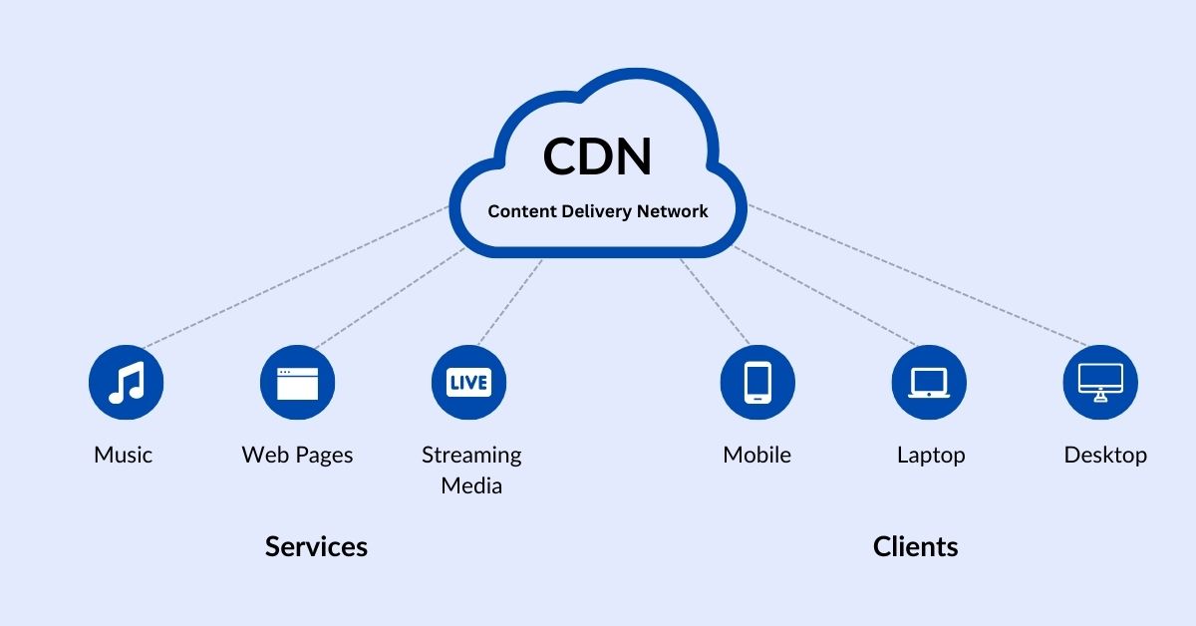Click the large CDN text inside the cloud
point(597,157)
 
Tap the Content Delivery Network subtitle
point(597,211)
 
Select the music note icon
point(126,383)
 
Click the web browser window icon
point(297,383)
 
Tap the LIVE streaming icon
point(468,383)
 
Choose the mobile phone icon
point(757,383)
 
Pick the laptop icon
point(929,383)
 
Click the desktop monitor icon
point(1100,383)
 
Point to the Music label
point(124,456)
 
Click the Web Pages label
point(297,456)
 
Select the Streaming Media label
point(471,469)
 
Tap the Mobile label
point(757,456)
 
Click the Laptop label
point(931,456)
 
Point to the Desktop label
point(1105,456)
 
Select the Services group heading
point(316,546)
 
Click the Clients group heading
point(915,546)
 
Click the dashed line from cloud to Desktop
point(917,276)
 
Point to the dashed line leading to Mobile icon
point(715,301)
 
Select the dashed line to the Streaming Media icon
point(511,301)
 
